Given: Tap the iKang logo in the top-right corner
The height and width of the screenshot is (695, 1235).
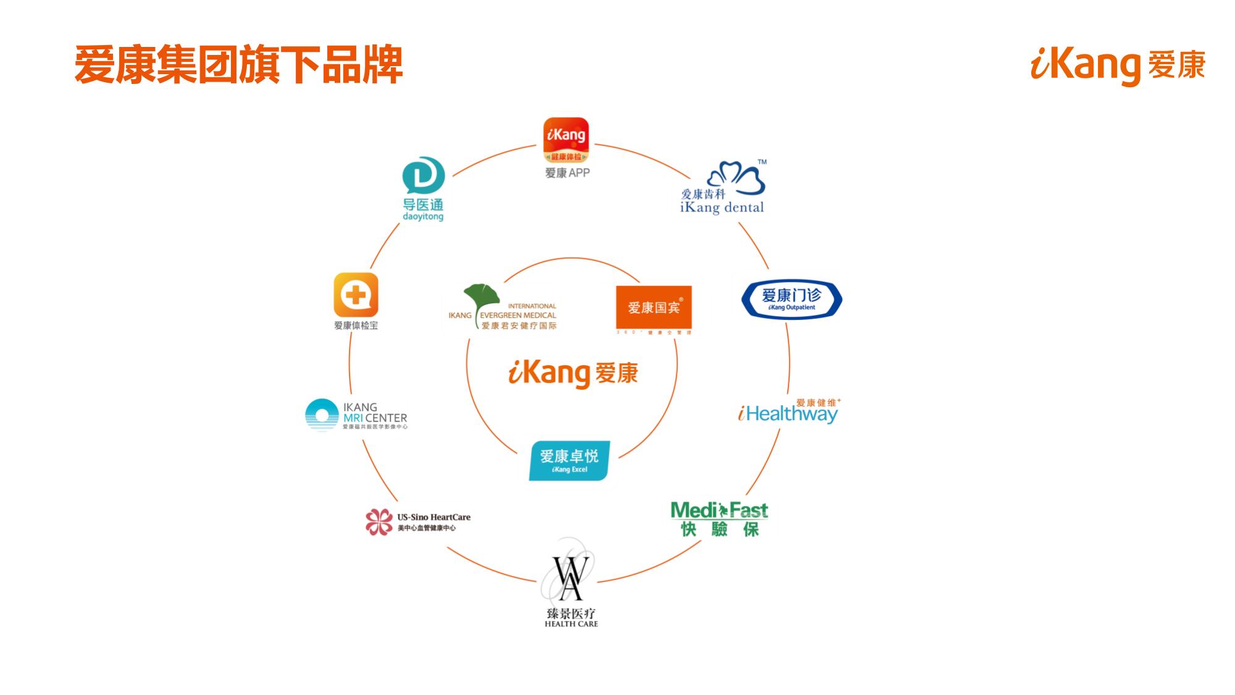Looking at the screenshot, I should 1117,65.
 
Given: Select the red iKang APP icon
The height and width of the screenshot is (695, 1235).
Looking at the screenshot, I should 566,141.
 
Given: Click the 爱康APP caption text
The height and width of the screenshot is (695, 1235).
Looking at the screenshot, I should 567,173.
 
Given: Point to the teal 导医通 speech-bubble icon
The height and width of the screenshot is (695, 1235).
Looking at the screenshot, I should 424,176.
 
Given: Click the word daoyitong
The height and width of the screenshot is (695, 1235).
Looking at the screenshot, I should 423,217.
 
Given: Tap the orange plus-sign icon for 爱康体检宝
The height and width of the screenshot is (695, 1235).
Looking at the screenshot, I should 356,295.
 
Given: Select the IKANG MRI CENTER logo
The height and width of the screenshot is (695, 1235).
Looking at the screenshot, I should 356,415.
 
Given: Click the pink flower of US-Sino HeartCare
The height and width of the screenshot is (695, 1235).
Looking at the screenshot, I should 379,522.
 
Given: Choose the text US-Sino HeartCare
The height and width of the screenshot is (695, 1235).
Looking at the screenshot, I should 433,517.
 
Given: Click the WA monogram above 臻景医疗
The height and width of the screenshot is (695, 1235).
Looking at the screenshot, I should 567,578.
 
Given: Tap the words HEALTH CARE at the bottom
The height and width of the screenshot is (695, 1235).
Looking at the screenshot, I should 571,624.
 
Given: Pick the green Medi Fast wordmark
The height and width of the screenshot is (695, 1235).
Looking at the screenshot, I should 719,510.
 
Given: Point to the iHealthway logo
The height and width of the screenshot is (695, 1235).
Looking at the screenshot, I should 789,412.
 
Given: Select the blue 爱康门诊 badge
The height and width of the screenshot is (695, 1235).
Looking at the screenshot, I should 791,298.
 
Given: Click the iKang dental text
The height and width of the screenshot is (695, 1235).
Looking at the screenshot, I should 722,208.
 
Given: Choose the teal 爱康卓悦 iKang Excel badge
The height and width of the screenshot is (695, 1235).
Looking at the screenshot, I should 569,460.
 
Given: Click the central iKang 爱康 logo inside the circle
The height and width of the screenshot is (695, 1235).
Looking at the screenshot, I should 572,373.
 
